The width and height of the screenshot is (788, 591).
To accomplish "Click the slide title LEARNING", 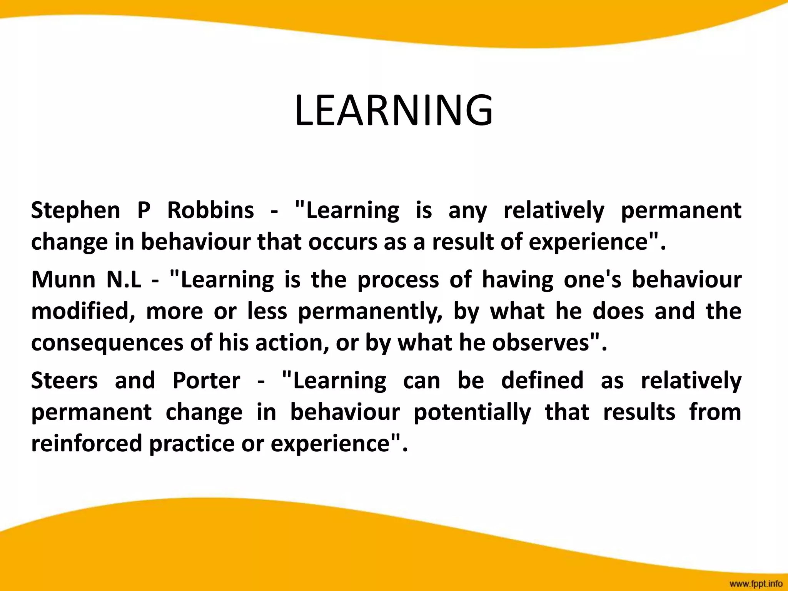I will (x=394, y=110).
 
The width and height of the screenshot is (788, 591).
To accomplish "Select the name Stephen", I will (x=75, y=210).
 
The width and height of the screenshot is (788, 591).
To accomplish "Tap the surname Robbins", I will (x=210, y=210).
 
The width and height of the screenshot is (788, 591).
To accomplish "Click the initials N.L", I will (x=124, y=279).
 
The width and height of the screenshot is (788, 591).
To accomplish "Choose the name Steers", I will (x=64, y=381).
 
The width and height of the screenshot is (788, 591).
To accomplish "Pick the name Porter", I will (x=206, y=381).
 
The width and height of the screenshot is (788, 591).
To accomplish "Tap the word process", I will (x=398, y=280).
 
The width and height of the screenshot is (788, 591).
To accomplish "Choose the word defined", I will (x=542, y=381).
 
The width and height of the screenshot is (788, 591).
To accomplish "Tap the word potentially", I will (x=472, y=412).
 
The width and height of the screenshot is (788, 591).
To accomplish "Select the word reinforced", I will (x=87, y=443).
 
